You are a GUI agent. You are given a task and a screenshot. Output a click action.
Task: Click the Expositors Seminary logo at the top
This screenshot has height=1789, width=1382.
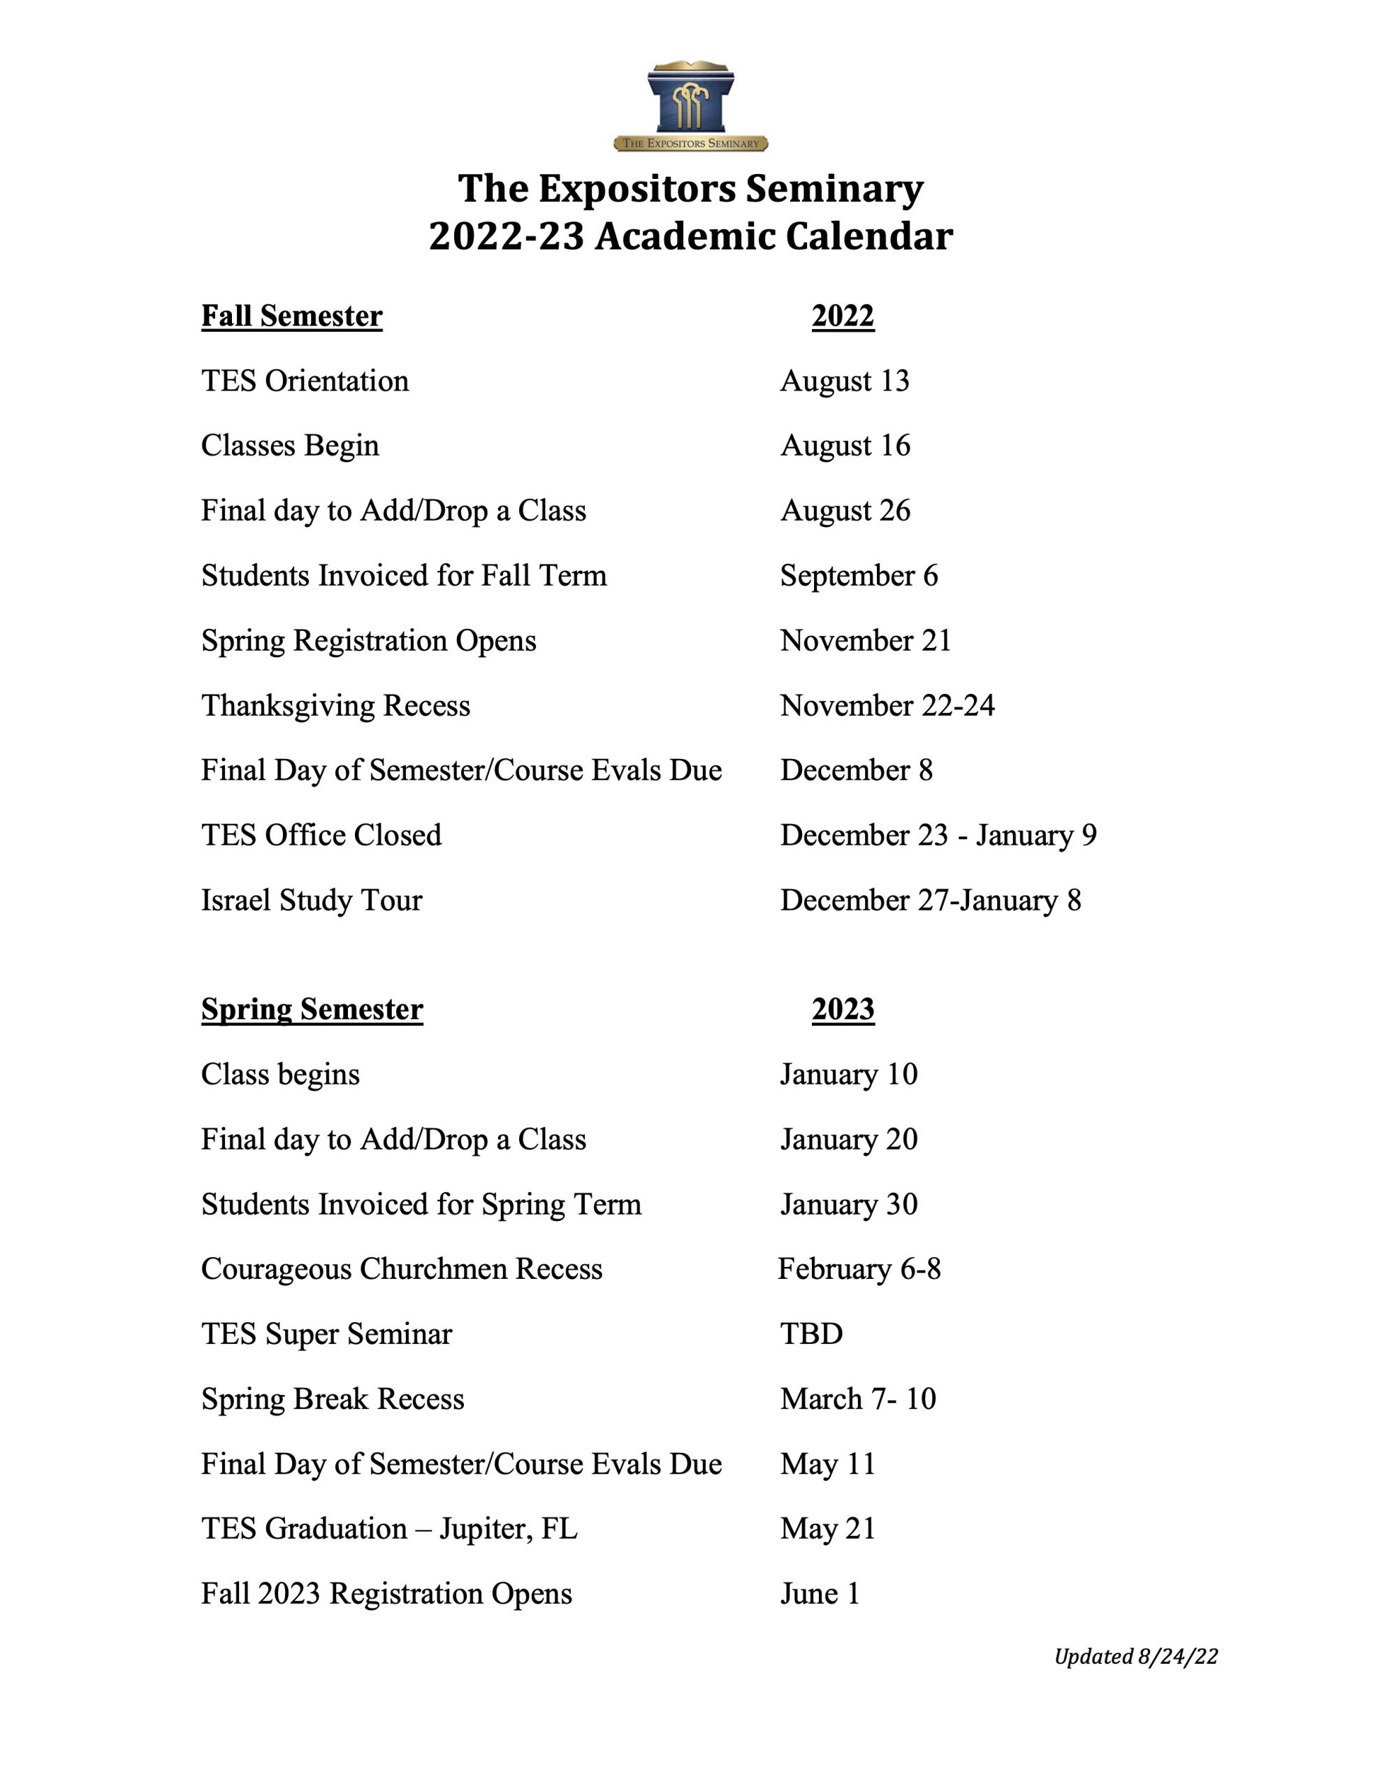pyautogui.click(x=690, y=106)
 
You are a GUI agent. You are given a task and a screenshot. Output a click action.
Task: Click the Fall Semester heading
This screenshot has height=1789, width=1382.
pyautogui.click(x=291, y=316)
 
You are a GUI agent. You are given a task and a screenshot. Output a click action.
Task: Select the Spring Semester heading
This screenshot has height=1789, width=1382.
pyautogui.click(x=312, y=1009)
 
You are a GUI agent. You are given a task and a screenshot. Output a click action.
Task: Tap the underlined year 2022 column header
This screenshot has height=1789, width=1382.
pyautogui.click(x=843, y=316)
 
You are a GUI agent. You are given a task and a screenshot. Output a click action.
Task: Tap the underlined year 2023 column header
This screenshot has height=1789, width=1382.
pyautogui.click(x=843, y=1009)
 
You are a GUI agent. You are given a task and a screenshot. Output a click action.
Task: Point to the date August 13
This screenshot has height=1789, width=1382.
pyautogui.click(x=845, y=381)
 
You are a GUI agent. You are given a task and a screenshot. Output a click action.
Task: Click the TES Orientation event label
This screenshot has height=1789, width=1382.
pyautogui.click(x=305, y=381)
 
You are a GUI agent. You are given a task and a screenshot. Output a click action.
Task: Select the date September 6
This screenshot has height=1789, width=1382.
pyautogui.click(x=859, y=576)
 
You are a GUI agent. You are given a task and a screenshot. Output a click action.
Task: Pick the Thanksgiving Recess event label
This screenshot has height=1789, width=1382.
pyautogui.click(x=336, y=705)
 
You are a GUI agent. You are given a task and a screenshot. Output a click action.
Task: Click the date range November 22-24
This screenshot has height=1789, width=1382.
pyautogui.click(x=887, y=705)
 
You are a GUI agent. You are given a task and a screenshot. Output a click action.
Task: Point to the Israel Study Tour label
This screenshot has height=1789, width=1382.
pyautogui.click(x=312, y=900)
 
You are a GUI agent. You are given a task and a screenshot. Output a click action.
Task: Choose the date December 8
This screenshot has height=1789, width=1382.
pyautogui.click(x=856, y=770)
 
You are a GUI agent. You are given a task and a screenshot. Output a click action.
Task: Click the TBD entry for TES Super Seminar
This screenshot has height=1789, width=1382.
pyautogui.click(x=811, y=1333)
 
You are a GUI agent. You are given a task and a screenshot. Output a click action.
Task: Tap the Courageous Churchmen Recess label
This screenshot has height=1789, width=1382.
pyautogui.click(x=402, y=1269)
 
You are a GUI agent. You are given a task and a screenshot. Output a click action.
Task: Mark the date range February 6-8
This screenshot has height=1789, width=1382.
pyautogui.click(x=859, y=1269)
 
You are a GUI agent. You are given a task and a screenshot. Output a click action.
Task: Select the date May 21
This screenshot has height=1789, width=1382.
pyautogui.click(x=827, y=1528)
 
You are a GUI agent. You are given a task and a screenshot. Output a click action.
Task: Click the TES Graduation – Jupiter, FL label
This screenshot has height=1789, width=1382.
pyautogui.click(x=389, y=1528)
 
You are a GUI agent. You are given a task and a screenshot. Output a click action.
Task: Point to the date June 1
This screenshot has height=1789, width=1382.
pyautogui.click(x=819, y=1593)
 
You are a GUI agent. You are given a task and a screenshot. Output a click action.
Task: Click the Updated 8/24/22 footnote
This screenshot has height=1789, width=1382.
pyautogui.click(x=1135, y=1656)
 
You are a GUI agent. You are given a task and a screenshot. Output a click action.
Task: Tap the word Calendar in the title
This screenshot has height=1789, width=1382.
pyautogui.click(x=869, y=237)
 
